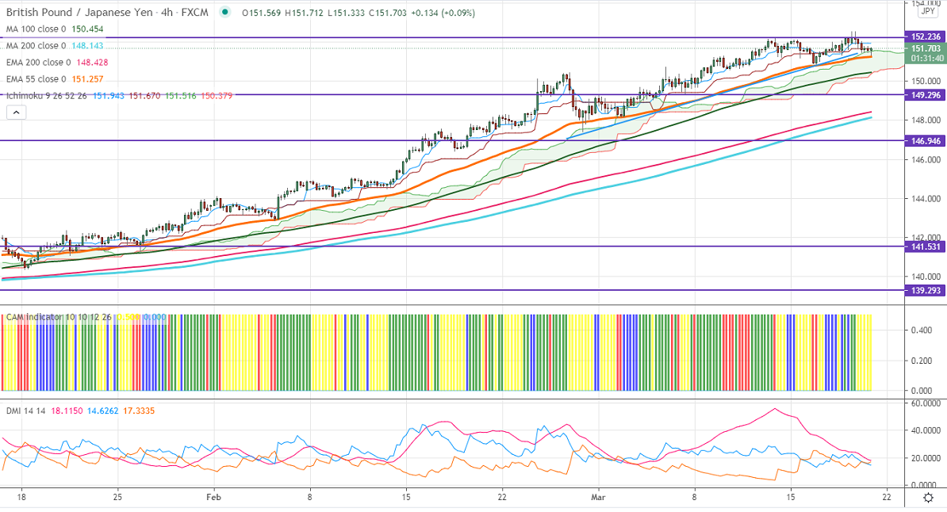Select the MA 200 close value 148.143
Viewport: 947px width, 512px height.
[x=87, y=46]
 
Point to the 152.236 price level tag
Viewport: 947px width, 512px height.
[x=926, y=36]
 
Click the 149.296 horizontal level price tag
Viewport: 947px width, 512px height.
[x=926, y=95]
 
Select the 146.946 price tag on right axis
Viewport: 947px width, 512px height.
[x=926, y=140]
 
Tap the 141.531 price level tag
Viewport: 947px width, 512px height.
[x=926, y=246]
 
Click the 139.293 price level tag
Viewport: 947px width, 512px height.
[x=926, y=290]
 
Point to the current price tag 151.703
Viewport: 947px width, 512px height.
[x=926, y=48]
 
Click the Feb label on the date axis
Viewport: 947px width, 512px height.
[x=213, y=497]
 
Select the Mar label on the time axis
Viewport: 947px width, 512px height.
[x=600, y=497]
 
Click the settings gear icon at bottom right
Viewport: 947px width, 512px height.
[x=928, y=497]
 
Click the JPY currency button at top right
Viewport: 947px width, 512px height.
[x=926, y=12]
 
